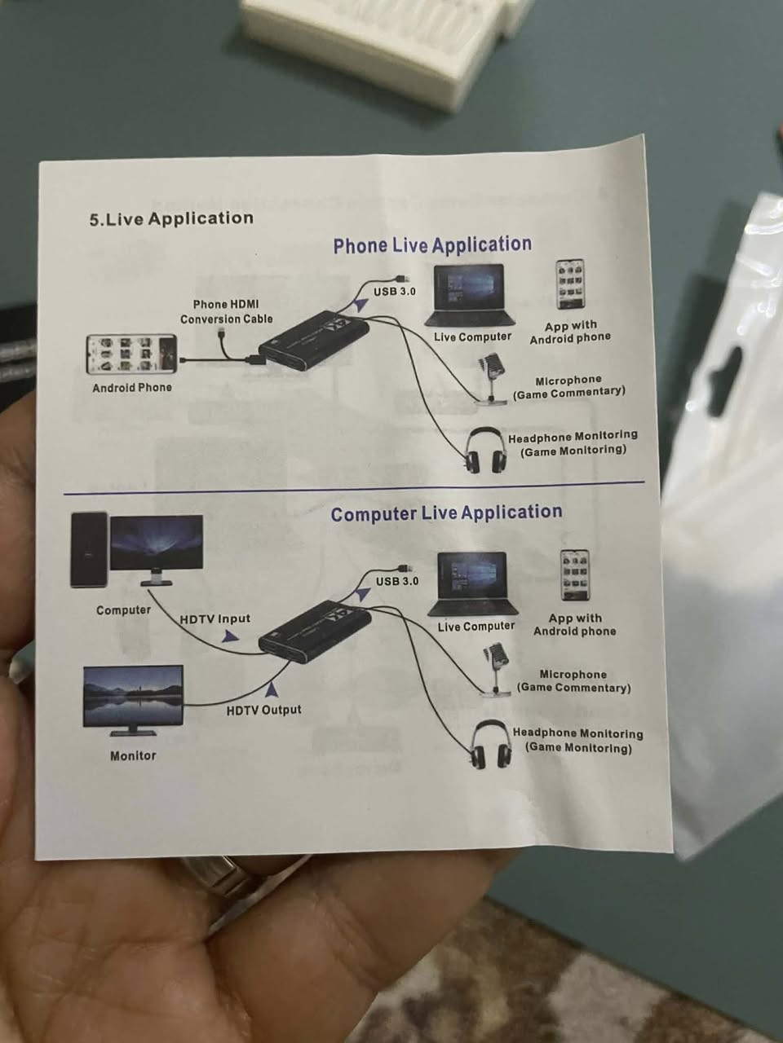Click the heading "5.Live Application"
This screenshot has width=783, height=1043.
click(x=171, y=218)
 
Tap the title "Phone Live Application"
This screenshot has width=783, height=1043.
click(x=431, y=245)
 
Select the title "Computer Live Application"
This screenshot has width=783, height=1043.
click(x=446, y=513)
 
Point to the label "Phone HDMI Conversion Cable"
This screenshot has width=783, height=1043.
click(x=226, y=311)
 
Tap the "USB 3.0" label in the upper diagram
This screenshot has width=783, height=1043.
click(x=395, y=291)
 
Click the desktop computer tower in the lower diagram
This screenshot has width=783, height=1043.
click(x=88, y=549)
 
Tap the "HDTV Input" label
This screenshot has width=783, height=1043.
click(x=215, y=619)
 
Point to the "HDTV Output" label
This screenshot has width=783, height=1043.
click(x=263, y=711)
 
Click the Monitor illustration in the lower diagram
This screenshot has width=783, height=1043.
click(x=133, y=698)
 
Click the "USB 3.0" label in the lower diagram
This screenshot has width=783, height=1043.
click(x=396, y=581)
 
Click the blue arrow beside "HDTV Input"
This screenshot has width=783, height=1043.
click(x=231, y=636)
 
